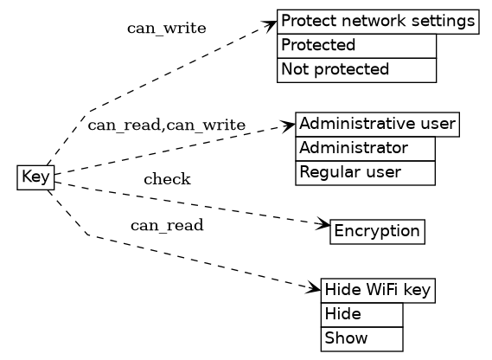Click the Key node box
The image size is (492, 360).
(35, 177)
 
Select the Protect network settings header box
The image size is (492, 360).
(377, 22)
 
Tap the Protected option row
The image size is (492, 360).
(356, 45)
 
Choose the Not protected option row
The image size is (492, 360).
(356, 69)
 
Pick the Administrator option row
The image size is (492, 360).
(364, 148)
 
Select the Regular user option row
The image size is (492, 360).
(364, 172)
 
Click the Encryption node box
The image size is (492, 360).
(377, 231)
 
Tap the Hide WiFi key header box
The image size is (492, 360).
(377, 291)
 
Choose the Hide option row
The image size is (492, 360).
(361, 313)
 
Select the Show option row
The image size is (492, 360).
(361, 337)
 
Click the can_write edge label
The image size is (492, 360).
(166, 28)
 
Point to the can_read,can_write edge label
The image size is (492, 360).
(166, 125)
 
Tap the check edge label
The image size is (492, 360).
(166, 179)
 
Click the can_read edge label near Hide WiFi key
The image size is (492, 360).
(166, 226)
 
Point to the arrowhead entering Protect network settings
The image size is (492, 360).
(271, 26)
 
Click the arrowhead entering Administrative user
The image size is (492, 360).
(289, 126)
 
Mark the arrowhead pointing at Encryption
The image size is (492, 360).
(324, 227)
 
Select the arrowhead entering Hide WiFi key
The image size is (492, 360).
(315, 286)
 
